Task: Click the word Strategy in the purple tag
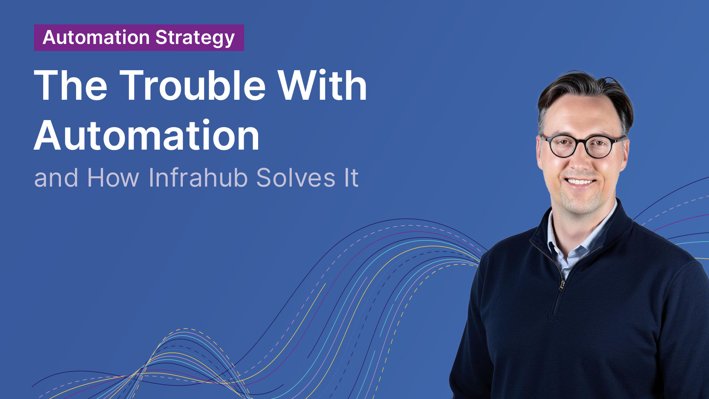195,38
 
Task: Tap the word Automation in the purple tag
96,37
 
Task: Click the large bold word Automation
147,136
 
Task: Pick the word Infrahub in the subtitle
198,178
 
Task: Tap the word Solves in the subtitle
296,178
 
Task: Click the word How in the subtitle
113,178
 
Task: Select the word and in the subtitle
56,178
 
